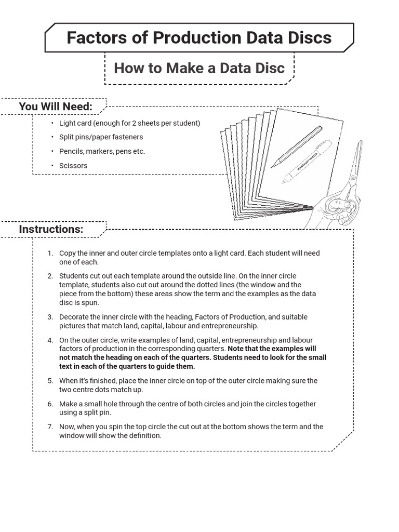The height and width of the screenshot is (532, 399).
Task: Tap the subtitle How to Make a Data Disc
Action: coord(199,68)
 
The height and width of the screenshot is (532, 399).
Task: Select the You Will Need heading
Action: coord(56,107)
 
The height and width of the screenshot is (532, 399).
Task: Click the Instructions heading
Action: coord(51,229)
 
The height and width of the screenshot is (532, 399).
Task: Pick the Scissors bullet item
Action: coord(73,166)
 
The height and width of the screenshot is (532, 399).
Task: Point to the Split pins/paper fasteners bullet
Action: coord(101,137)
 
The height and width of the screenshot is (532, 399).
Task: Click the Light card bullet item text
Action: coord(129,123)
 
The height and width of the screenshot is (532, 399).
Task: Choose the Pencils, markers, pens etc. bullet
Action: coord(102,151)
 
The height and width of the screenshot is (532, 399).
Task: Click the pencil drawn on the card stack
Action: coord(296,147)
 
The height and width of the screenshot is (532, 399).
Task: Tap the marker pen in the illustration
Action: coord(308,161)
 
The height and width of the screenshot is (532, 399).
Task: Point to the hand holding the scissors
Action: coord(332,210)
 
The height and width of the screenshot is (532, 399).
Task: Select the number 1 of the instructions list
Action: coord(50,254)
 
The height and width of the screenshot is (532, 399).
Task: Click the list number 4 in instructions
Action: coord(50,340)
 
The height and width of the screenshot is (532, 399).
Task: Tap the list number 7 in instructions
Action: coord(50,427)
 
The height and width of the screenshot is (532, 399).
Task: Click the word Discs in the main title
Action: coord(308,37)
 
